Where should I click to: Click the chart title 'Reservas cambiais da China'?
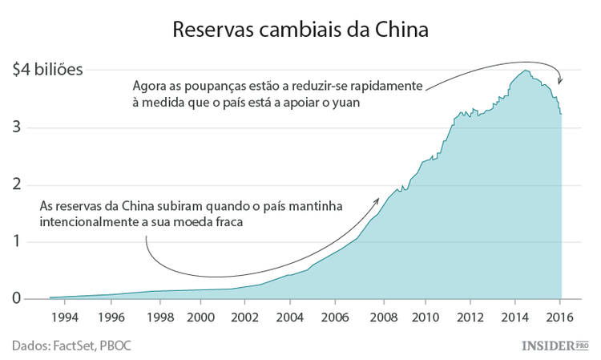[300, 30]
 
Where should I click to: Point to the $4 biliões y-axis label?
[47, 69]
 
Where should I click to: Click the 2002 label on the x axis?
[247, 317]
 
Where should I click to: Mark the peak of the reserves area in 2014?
[526, 71]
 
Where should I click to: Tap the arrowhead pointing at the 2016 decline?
[560, 81]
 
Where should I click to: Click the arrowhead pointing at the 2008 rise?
[377, 198]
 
